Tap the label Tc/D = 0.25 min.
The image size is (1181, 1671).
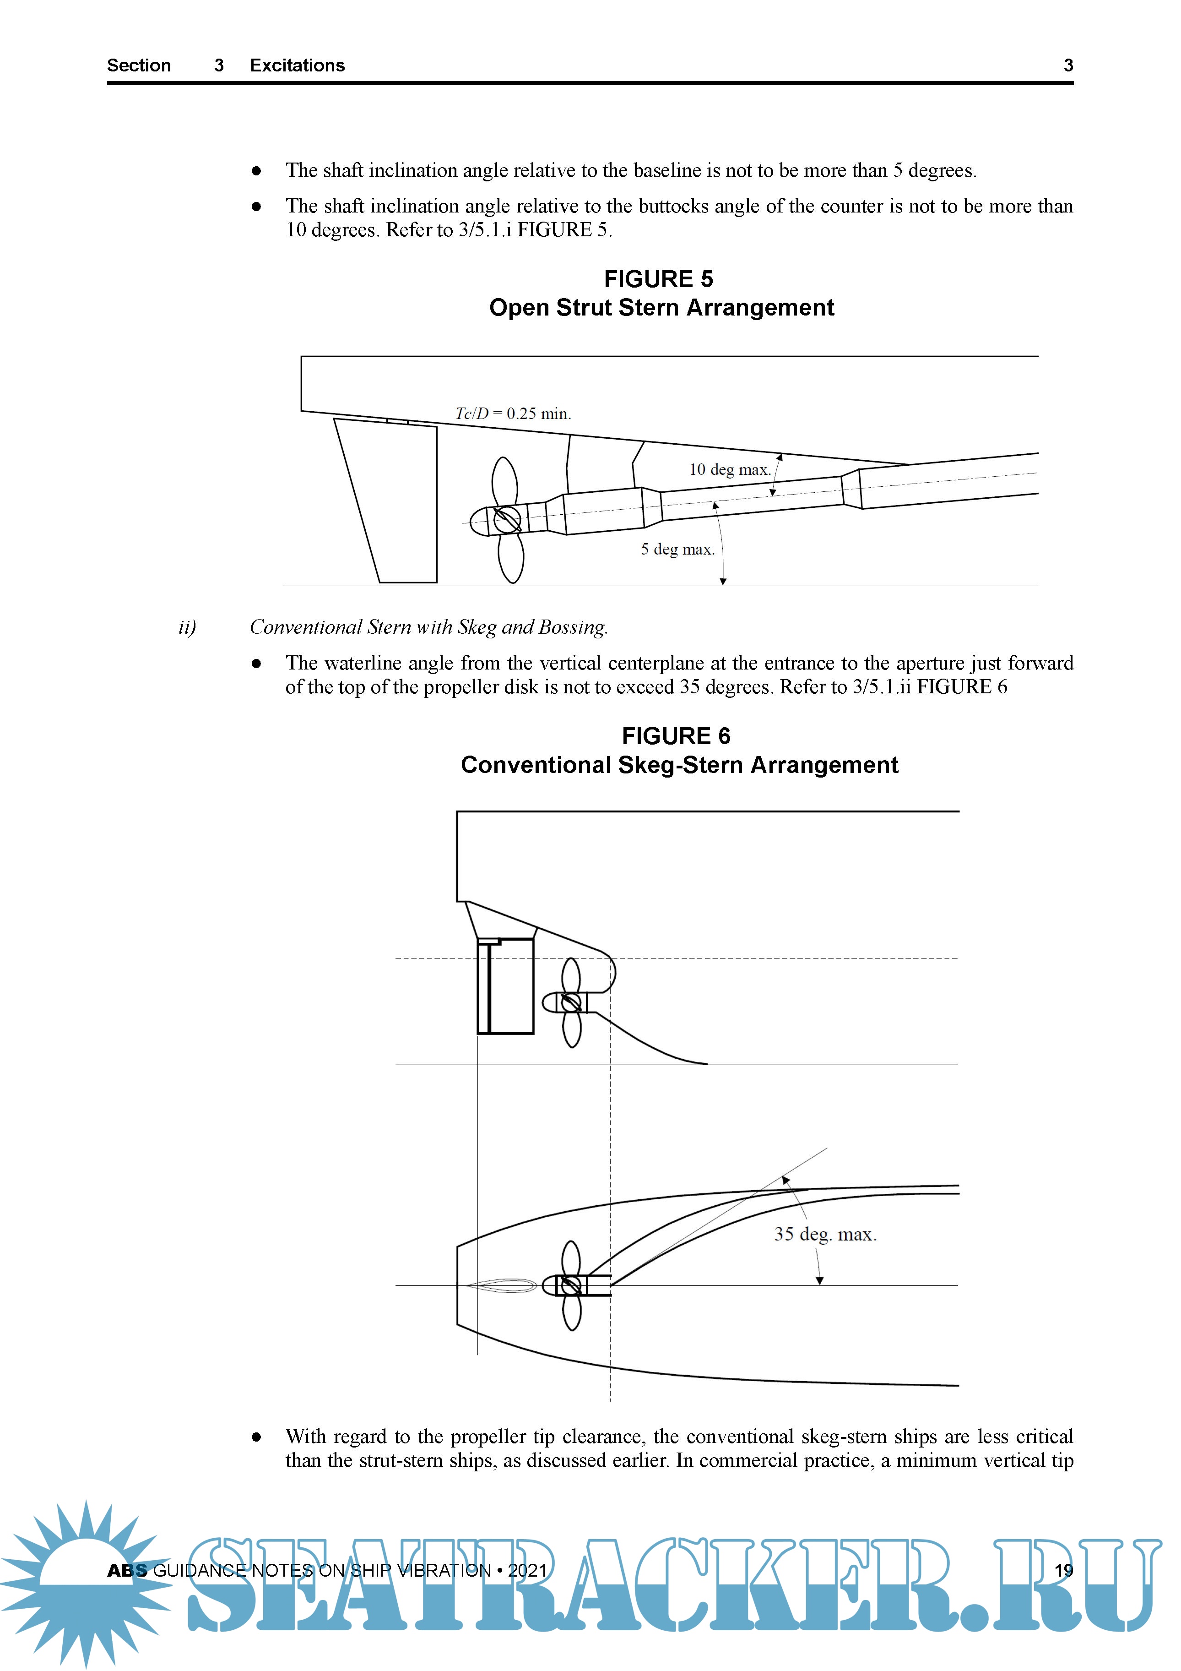pyautogui.click(x=513, y=414)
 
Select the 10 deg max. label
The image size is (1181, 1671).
pyautogui.click(x=729, y=469)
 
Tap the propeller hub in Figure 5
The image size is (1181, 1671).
pyautogui.click(x=506, y=520)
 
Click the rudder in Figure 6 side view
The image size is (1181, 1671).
pyautogui.click(x=506, y=986)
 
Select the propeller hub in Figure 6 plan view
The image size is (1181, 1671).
pyautogui.click(x=571, y=1285)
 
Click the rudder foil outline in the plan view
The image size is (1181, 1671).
pyautogui.click(x=501, y=1286)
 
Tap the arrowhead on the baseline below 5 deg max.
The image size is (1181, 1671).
pyautogui.click(x=723, y=581)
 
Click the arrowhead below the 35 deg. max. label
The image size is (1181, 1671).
pyautogui.click(x=819, y=1280)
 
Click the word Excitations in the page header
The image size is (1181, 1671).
pyautogui.click(x=297, y=65)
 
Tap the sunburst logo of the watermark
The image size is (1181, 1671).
pyautogui.click(x=86, y=1579)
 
